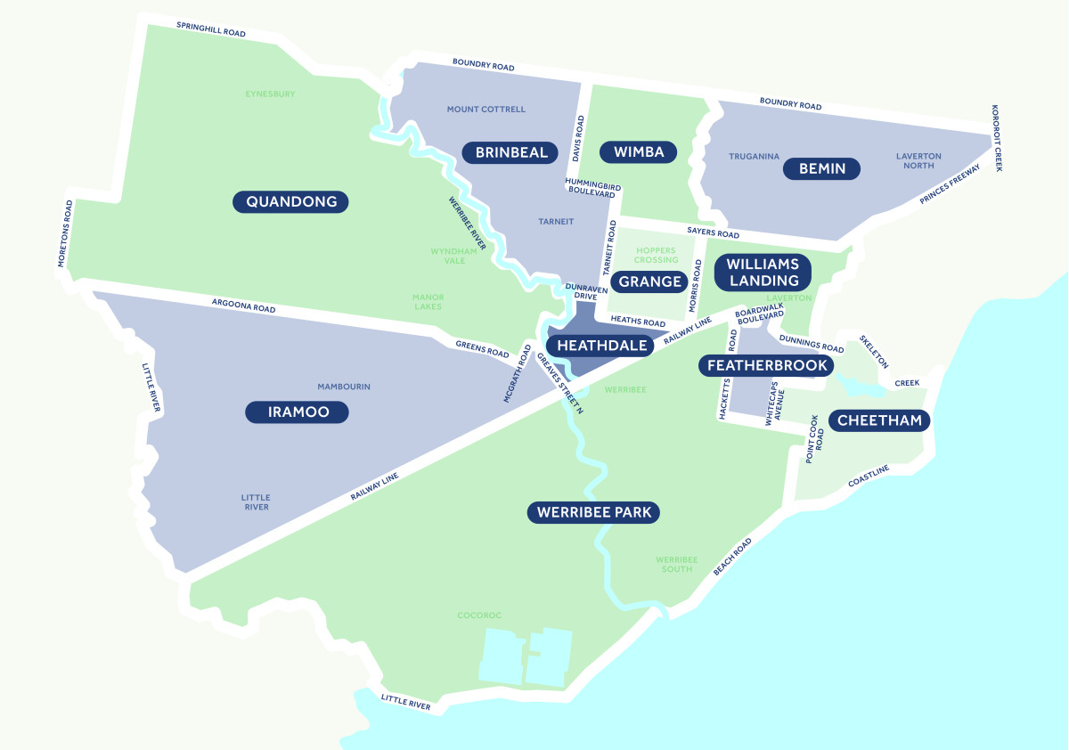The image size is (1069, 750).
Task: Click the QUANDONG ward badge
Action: point(290,201)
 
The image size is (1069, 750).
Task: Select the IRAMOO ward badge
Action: point(298,412)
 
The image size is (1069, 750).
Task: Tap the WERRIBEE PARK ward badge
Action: point(593,512)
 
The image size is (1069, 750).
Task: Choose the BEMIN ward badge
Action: point(821,168)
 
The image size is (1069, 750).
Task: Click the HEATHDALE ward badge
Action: point(602,346)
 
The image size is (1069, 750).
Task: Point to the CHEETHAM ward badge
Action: point(879,420)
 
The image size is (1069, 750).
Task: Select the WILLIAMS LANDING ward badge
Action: point(763,272)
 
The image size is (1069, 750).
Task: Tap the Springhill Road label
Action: point(210,30)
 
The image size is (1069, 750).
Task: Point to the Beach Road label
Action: point(732,557)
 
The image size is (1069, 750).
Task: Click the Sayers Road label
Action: point(713,234)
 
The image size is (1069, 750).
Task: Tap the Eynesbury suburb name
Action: point(270,94)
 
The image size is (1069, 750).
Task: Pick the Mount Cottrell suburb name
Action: point(486,110)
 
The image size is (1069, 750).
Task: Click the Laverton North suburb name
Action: point(918,161)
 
